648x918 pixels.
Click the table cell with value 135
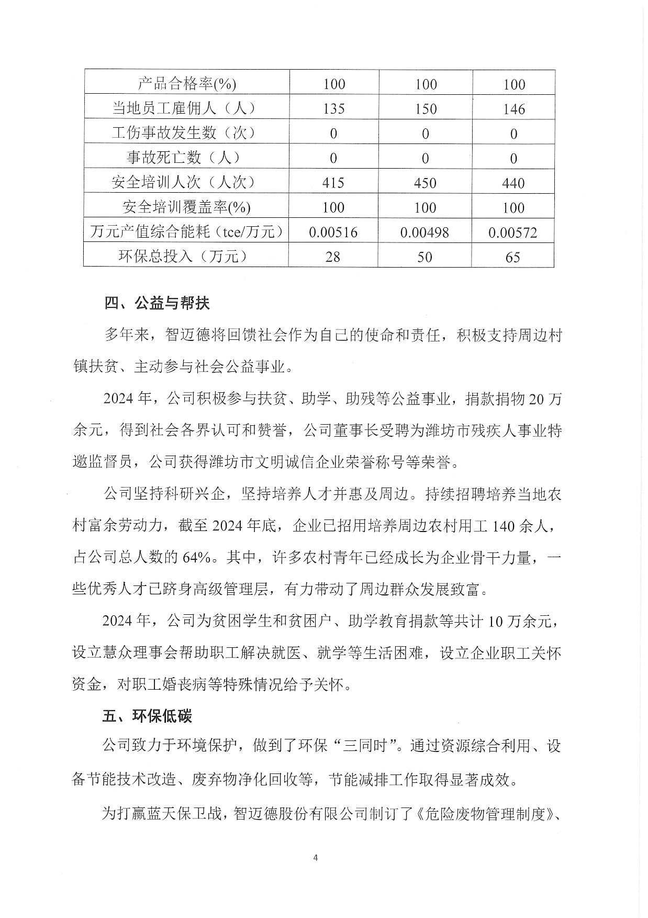click(x=333, y=108)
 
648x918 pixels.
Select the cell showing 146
click(x=513, y=108)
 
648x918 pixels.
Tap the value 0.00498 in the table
click(x=424, y=232)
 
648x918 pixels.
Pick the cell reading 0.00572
click(x=512, y=232)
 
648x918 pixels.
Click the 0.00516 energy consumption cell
click(x=333, y=232)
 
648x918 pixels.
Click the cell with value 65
click(x=512, y=257)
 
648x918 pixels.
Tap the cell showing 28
click(x=333, y=257)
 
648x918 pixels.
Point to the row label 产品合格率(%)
click(x=186, y=84)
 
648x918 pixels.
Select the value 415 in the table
click(x=333, y=183)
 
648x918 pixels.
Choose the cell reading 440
click(x=513, y=183)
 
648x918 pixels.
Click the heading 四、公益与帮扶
click(x=157, y=303)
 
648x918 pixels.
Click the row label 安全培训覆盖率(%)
click(x=186, y=207)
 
